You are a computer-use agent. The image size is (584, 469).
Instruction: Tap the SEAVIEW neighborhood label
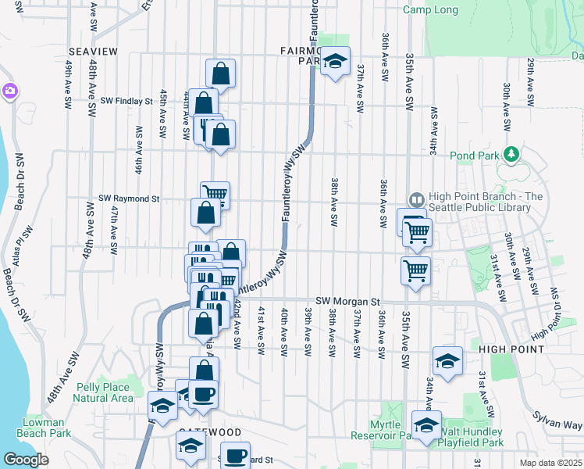tap(92, 52)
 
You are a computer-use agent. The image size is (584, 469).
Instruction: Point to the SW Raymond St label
tap(123, 199)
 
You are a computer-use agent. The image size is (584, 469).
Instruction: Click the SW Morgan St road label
tap(347, 301)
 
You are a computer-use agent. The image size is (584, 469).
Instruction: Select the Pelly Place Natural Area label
tap(101, 392)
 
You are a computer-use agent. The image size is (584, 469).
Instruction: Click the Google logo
tap(26, 460)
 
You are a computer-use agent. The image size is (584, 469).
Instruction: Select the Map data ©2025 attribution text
tap(551, 463)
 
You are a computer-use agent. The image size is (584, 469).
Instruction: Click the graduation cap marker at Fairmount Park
tap(335, 62)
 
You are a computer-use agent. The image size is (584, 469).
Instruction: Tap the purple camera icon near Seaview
tap(9, 91)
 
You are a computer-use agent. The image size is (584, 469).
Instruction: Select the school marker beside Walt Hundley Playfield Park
tap(426, 425)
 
